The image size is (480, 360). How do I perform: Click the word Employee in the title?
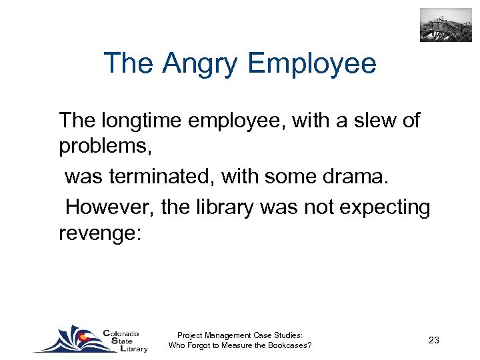pos(311,65)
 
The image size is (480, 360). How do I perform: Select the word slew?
pos(365,121)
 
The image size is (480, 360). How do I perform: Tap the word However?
pos(110,208)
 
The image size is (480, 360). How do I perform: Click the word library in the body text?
pos(221,208)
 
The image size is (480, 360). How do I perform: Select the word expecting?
pos(385,208)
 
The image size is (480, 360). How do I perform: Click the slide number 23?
pos(433,340)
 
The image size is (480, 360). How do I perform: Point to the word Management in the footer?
pos(231,335)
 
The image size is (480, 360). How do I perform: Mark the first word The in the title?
pos(129,65)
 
